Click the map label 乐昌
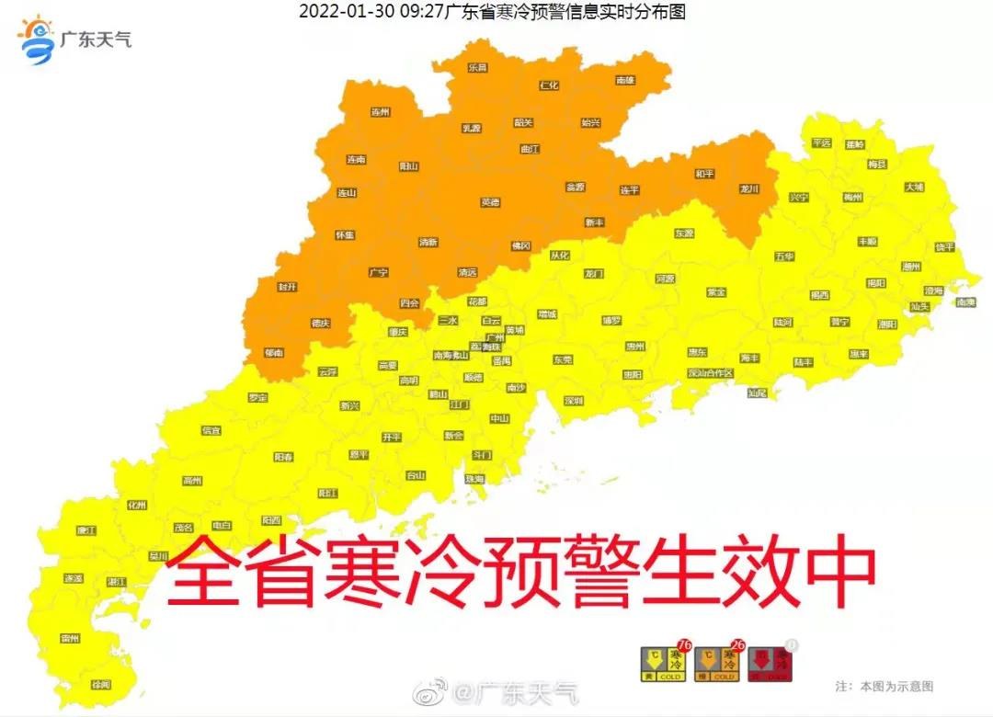476,68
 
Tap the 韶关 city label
523,122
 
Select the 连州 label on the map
381,112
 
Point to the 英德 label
490,202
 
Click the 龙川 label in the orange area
749,188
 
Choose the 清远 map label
468,272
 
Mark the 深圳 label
574,401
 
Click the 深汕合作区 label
711,373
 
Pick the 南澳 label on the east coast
964,302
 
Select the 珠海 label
474,479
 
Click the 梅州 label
852,197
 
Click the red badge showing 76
683,645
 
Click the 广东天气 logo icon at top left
38,40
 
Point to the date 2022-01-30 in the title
338,12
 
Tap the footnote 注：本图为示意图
884,687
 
